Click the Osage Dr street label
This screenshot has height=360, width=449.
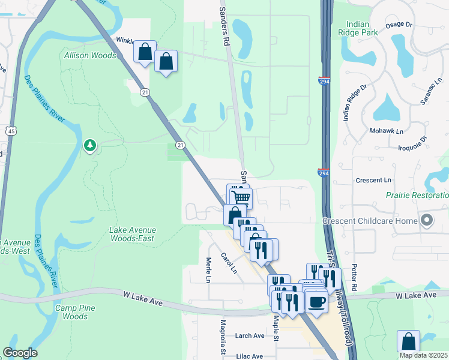399,25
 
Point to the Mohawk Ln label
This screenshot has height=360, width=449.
386,130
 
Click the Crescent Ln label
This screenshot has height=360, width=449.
373,180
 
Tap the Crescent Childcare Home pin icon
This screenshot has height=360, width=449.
427,220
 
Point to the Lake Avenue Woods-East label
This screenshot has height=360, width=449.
132,234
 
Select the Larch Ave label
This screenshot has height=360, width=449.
250,336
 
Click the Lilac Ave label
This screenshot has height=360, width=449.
250,356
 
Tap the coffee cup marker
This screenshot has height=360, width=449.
316,301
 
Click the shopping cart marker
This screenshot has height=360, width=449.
241,197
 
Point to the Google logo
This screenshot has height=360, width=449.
20,353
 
